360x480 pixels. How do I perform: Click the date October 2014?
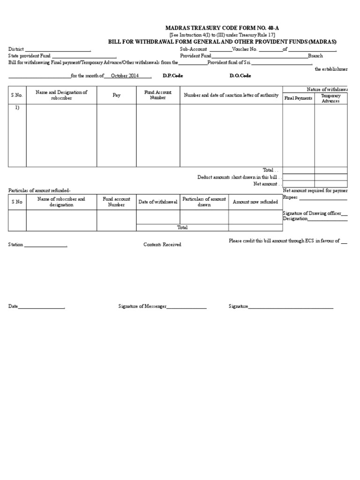[125, 75]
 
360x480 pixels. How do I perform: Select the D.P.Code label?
[172, 75]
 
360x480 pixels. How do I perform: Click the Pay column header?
[116, 95]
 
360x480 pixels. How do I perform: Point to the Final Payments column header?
[298, 98]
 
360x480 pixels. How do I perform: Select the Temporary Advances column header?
[330, 98]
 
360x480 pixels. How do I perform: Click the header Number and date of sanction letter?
[231, 95]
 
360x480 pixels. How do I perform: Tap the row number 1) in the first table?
[17, 108]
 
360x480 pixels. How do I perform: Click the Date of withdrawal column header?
[158, 202]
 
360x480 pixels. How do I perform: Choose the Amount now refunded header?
[255, 202]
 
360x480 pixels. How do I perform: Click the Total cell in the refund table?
[182, 227]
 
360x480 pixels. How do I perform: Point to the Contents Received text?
[162, 245]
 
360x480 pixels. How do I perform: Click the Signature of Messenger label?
[142, 306]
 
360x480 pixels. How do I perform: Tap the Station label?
[15, 245]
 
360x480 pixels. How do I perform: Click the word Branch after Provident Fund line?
[315, 56]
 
